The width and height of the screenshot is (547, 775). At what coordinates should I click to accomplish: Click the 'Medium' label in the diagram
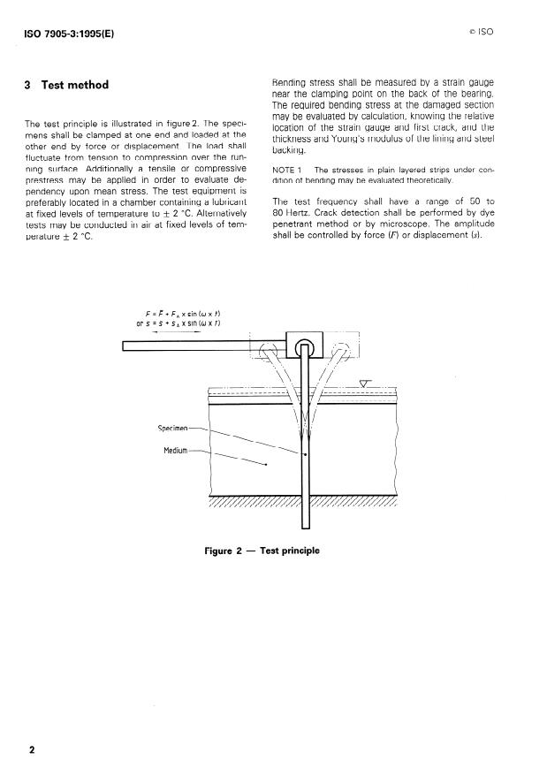tap(177, 451)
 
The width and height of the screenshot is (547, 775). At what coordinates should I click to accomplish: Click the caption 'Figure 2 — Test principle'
tap(262, 551)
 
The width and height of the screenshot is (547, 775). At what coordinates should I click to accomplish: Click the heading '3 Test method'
tap(67, 85)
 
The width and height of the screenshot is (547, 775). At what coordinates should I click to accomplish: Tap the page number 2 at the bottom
tap(33, 751)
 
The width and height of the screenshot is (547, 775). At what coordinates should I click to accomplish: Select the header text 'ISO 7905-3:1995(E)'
tap(65, 34)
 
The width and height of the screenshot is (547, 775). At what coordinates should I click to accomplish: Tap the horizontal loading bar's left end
tap(125, 346)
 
